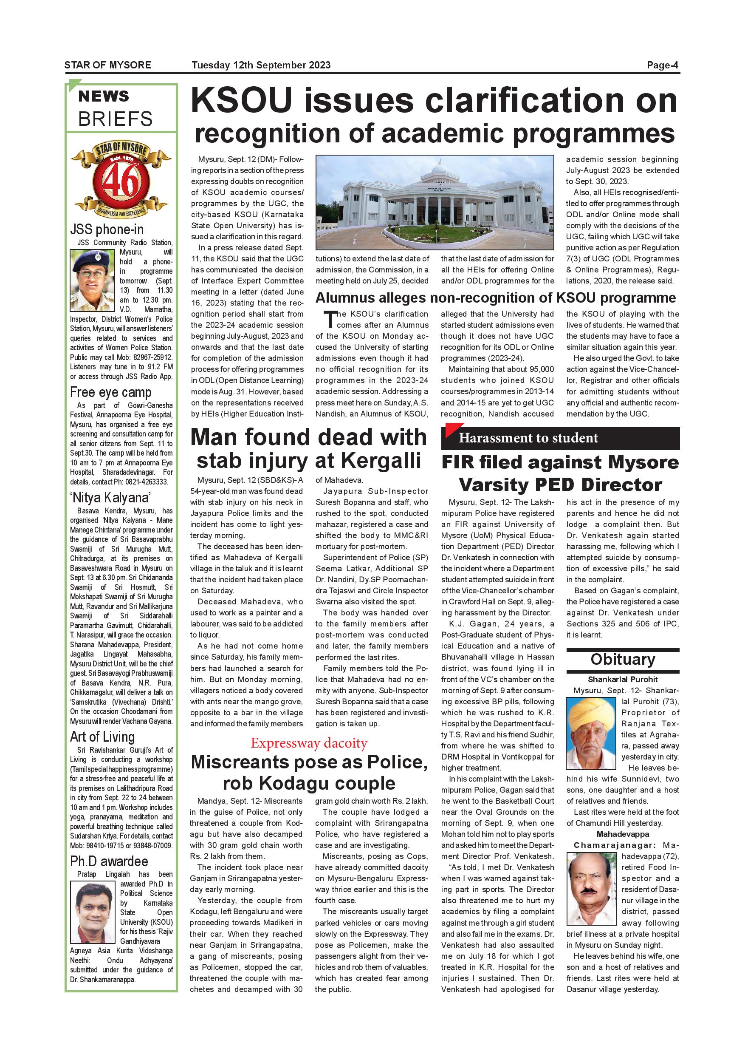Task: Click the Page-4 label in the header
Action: coord(662,65)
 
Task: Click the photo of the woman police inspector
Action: coord(93,280)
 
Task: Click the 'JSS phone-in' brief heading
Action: coord(107,229)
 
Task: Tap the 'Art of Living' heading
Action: coord(102,737)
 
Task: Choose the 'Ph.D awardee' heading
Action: coord(109,861)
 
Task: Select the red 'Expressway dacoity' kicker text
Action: coord(309,743)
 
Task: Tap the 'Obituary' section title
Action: coord(623,659)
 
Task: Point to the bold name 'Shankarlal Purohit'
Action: coord(623,680)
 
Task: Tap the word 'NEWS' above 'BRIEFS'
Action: coord(104,96)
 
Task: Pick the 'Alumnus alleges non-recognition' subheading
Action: coord(495,298)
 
